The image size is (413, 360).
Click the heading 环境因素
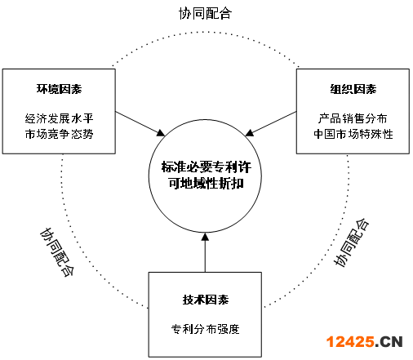coord(59,89)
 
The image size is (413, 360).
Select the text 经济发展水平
coord(59,118)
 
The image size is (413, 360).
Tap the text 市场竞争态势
coord(59,134)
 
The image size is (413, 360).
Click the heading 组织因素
coord(353,89)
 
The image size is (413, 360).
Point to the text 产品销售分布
coord(353,118)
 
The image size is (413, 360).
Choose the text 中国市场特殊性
coord(353,134)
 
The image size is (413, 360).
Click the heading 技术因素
coord(206,300)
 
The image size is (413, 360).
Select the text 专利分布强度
coord(206,329)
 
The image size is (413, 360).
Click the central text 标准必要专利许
coord(206,167)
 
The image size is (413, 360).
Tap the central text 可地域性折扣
coord(206,183)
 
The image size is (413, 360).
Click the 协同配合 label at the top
coord(205,13)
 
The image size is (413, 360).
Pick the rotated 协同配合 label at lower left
coord(57,252)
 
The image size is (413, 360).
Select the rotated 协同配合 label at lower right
coord(351,242)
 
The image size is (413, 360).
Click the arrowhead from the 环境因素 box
coord(161,132)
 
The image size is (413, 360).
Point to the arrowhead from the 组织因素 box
coord(250,133)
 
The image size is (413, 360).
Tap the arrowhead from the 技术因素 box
coord(205,237)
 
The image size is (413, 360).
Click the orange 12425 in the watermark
coord(350,341)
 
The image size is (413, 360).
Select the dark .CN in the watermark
coord(389,342)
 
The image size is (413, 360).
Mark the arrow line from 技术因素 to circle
coord(205,252)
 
